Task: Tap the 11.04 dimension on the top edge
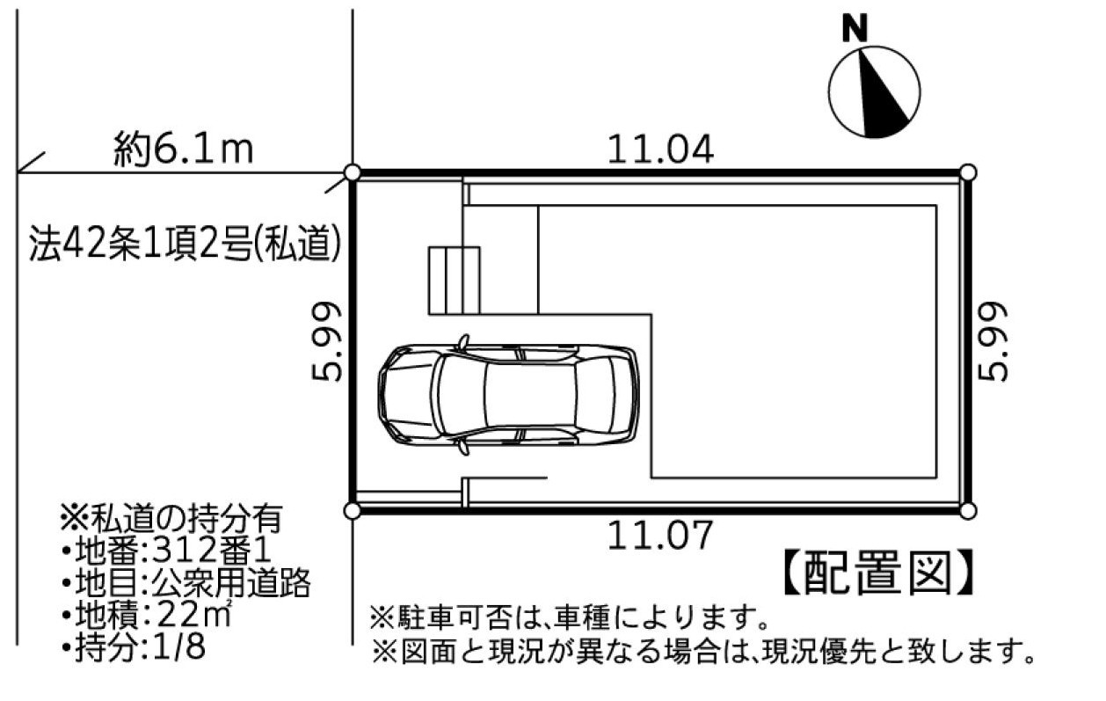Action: click(660, 150)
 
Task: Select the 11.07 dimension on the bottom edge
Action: click(660, 535)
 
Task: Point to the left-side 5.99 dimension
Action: click(326, 342)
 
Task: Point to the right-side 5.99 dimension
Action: click(993, 342)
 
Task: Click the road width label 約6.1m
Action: click(183, 150)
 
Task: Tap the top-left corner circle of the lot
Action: click(352, 173)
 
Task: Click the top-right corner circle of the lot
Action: click(968, 173)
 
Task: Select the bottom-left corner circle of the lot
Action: click(352, 511)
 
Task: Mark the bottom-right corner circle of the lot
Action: click(968, 511)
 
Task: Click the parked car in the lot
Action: click(508, 394)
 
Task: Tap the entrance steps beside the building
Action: click(454, 280)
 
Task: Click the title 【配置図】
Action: click(878, 572)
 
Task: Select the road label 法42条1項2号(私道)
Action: click(186, 243)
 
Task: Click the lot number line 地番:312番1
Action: click(167, 550)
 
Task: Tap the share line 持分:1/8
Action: click(134, 646)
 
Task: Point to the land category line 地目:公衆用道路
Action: click(186, 582)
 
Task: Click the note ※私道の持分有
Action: click(171, 518)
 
